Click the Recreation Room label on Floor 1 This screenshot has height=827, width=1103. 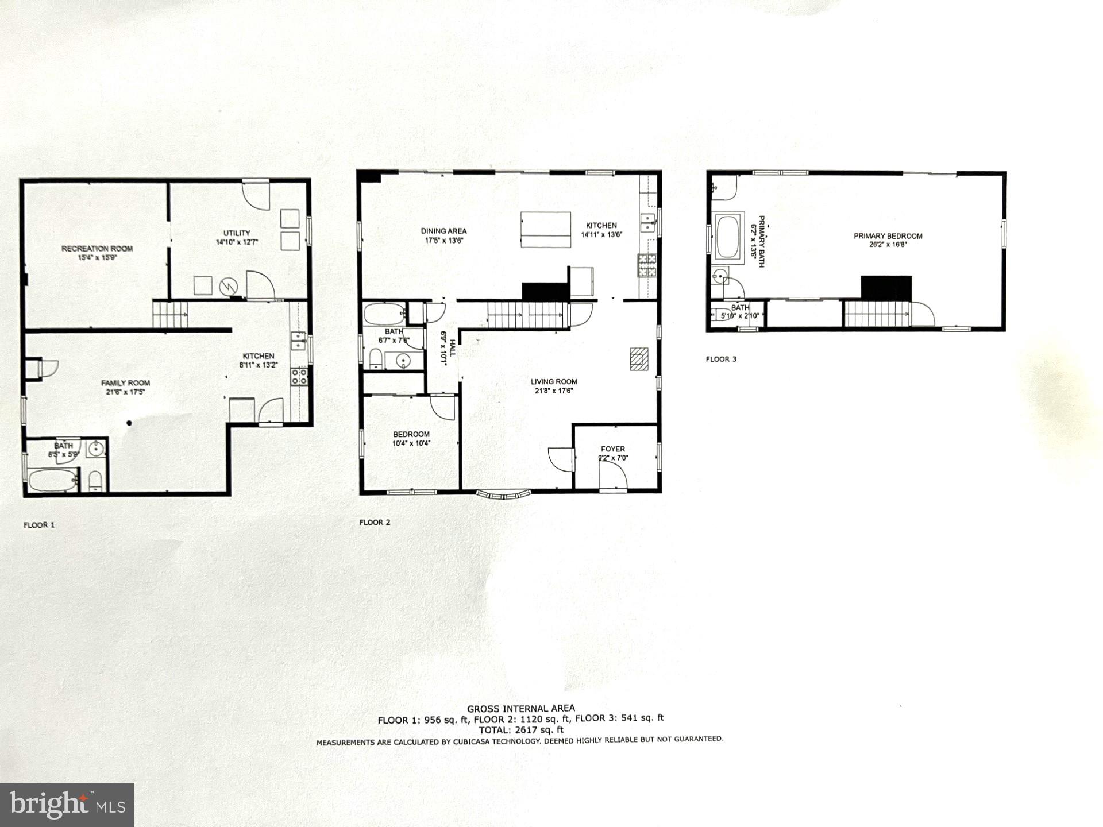click(97, 249)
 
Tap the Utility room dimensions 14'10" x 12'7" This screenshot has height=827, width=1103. click(237, 242)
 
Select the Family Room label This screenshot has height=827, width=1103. click(126, 383)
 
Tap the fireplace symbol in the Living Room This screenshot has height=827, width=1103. click(639, 360)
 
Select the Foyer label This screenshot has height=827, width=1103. click(613, 449)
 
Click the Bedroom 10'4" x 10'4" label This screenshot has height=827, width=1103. click(411, 435)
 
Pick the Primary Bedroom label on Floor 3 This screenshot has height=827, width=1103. click(888, 236)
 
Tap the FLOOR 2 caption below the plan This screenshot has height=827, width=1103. click(375, 523)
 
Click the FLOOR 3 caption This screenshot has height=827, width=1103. click(721, 360)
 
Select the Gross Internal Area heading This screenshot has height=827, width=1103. click(520, 709)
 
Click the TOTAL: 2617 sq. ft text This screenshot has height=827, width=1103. click(520, 730)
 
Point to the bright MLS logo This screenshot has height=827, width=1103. click(67, 804)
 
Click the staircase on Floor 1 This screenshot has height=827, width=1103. click(170, 315)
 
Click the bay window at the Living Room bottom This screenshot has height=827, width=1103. click(504, 494)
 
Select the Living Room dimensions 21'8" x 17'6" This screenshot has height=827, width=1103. click(554, 391)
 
